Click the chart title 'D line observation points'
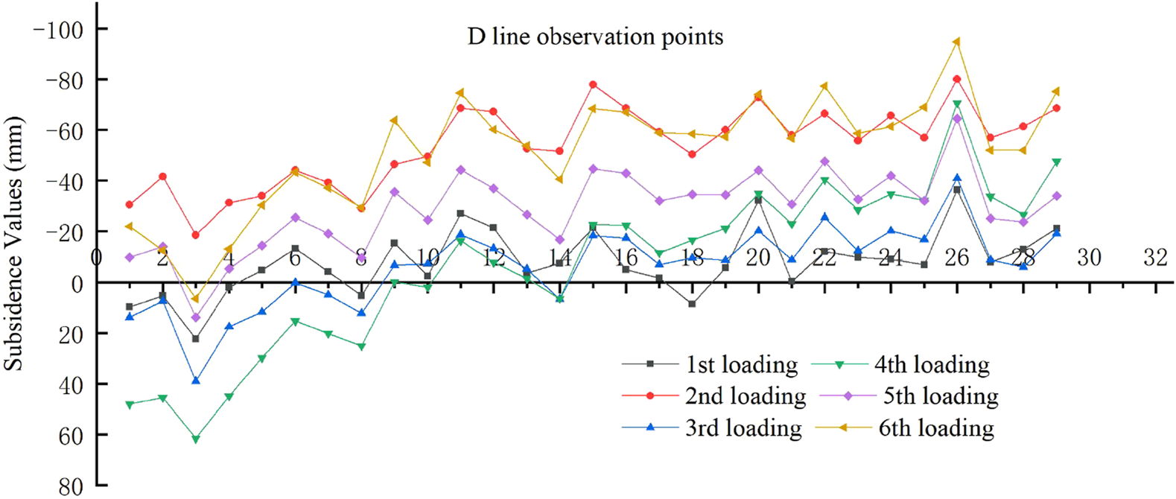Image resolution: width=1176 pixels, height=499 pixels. click(x=595, y=36)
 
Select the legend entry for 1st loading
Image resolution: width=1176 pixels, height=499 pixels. click(x=741, y=364)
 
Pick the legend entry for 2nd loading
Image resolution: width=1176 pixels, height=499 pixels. click(x=745, y=396)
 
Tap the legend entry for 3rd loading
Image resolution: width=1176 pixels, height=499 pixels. click(x=743, y=428)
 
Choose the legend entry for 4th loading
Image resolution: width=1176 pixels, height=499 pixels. click(x=931, y=364)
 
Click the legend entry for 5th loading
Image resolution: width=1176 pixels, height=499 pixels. click(x=940, y=396)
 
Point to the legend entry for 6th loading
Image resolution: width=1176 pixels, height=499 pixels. click(x=935, y=428)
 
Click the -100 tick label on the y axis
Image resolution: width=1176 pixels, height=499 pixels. click(x=58, y=29)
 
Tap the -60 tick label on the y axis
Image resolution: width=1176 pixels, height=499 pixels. click(x=64, y=130)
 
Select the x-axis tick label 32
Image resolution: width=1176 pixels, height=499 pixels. click(x=1155, y=258)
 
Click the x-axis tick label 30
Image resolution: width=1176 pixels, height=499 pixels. click(x=1089, y=258)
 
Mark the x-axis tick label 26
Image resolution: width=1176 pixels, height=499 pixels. click(x=956, y=258)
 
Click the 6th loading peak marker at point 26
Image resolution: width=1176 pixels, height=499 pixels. click(x=956, y=42)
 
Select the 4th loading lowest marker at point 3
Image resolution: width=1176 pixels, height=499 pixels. click(x=196, y=439)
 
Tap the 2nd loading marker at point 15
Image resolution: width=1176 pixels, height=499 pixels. click(x=593, y=85)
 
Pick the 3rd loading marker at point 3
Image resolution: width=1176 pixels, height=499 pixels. click(x=196, y=380)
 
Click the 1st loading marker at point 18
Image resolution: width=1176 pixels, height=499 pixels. click(x=692, y=304)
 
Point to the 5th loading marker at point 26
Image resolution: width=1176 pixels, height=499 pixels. click(x=957, y=118)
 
